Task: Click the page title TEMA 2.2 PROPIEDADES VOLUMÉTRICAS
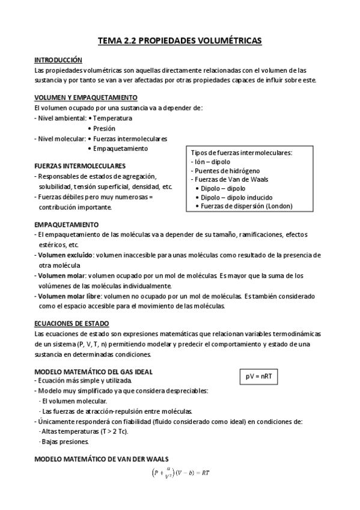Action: click(180, 41)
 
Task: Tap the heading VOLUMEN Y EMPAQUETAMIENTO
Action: click(86, 97)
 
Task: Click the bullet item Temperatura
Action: click(112, 118)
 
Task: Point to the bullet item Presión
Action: click(103, 128)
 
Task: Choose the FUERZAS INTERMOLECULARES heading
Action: click(80, 165)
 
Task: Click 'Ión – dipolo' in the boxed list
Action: click(210, 162)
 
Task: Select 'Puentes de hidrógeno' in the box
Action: click(222, 171)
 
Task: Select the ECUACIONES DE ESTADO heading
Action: click(72, 324)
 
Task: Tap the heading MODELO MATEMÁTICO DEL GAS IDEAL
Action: click(89, 371)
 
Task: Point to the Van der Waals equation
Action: click(179, 473)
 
